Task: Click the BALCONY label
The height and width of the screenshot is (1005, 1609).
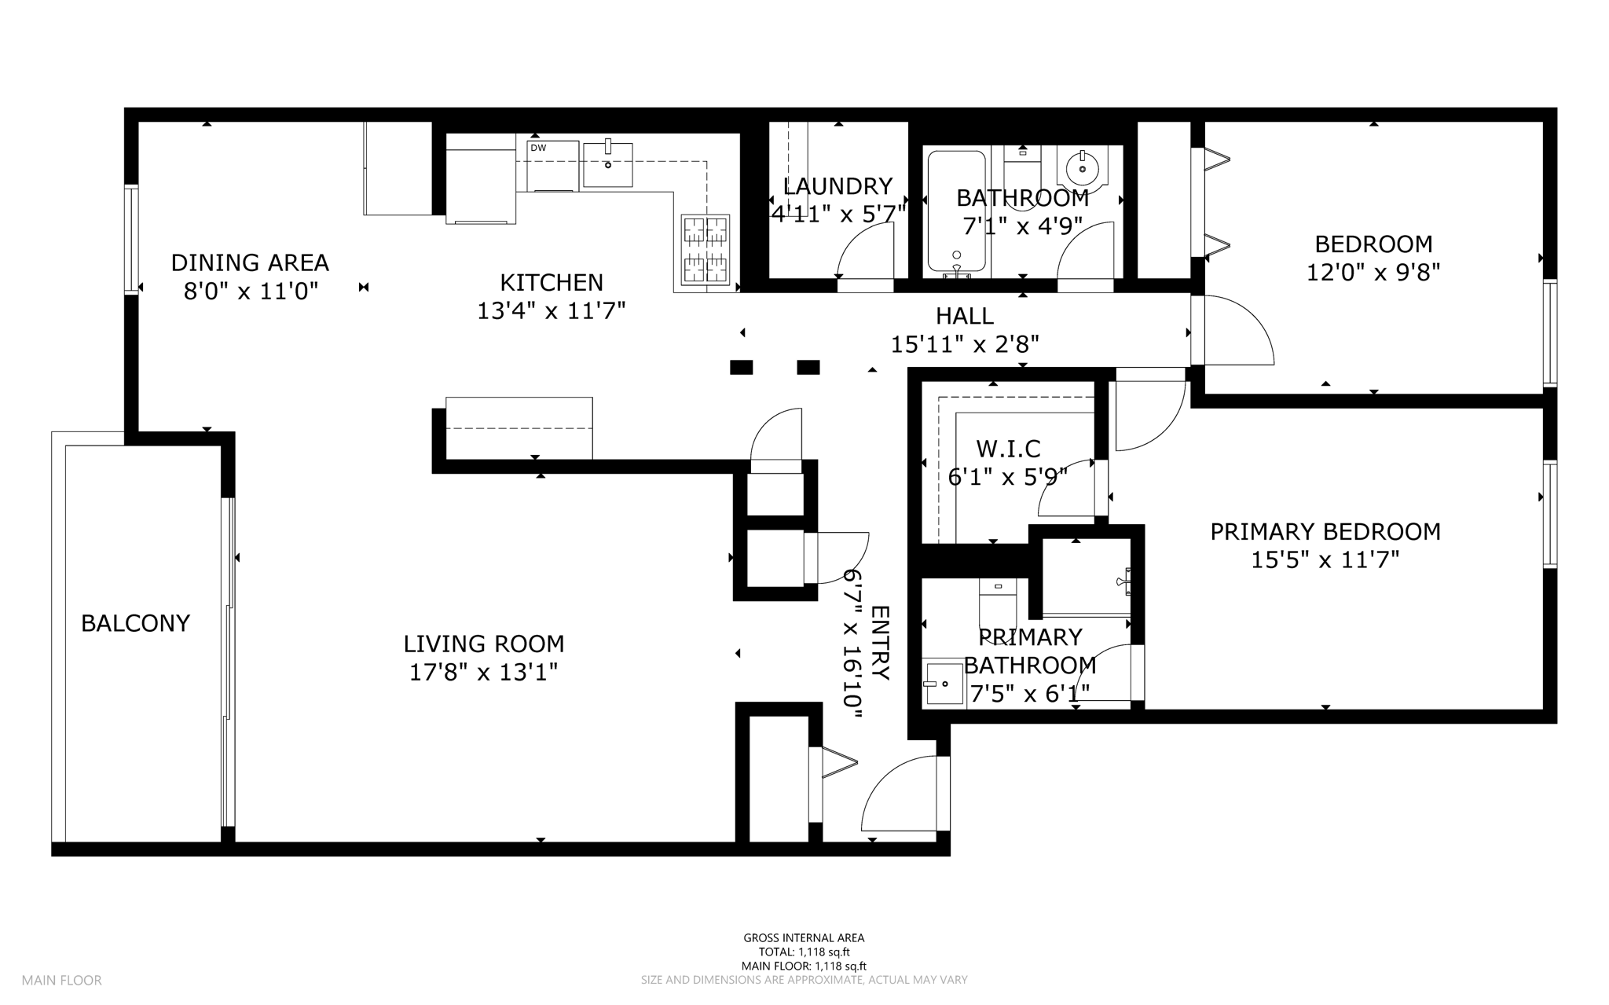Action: (x=135, y=623)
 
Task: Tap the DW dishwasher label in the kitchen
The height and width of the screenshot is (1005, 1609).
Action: (x=538, y=148)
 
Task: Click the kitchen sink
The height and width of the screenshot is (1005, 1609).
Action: (x=607, y=164)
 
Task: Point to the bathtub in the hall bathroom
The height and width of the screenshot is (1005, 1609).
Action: (x=956, y=211)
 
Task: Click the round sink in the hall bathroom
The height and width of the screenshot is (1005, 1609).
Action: (x=1082, y=168)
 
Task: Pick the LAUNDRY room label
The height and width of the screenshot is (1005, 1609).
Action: (x=837, y=186)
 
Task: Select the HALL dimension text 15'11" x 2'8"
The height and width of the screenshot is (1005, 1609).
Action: (x=965, y=344)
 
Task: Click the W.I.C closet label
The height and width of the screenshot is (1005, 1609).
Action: (x=1008, y=449)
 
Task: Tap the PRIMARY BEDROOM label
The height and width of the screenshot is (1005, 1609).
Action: (x=1325, y=532)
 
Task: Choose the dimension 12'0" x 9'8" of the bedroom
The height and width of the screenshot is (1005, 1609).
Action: (x=1373, y=273)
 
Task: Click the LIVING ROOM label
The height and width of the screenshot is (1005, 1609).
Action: (x=484, y=644)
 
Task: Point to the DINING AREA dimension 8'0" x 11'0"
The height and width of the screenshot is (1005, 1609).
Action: (x=251, y=292)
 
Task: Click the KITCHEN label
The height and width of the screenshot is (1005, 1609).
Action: (x=552, y=282)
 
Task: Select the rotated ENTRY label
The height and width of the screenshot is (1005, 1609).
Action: (x=880, y=644)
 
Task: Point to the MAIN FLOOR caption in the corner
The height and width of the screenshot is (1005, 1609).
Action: (x=62, y=980)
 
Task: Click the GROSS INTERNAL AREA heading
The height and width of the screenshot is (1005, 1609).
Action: (x=804, y=937)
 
